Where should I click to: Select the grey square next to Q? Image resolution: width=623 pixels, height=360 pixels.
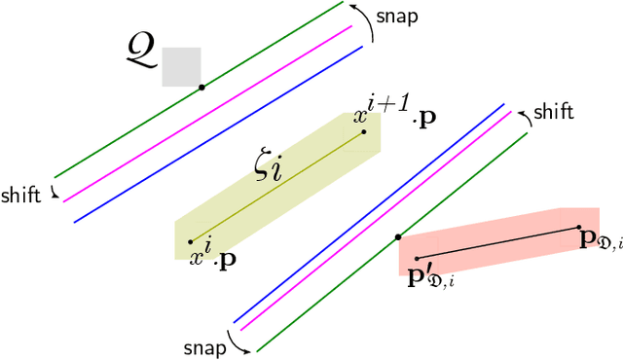[x=181, y=67]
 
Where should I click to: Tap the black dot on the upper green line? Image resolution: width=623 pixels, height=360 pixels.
[x=202, y=88]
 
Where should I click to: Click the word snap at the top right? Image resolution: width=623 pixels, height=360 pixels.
[x=398, y=18]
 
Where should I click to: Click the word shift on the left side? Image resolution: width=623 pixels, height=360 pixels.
[x=21, y=195]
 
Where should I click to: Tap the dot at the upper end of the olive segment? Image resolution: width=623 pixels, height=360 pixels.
[x=365, y=131]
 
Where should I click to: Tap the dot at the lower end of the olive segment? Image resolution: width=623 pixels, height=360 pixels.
[x=190, y=241]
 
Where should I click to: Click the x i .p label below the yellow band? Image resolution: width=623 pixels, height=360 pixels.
[x=211, y=258]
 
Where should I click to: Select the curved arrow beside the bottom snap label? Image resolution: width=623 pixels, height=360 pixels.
[x=237, y=342]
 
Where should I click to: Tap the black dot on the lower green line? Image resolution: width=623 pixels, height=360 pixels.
[x=397, y=236]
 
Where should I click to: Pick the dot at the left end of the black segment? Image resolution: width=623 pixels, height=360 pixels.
[x=416, y=259]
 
